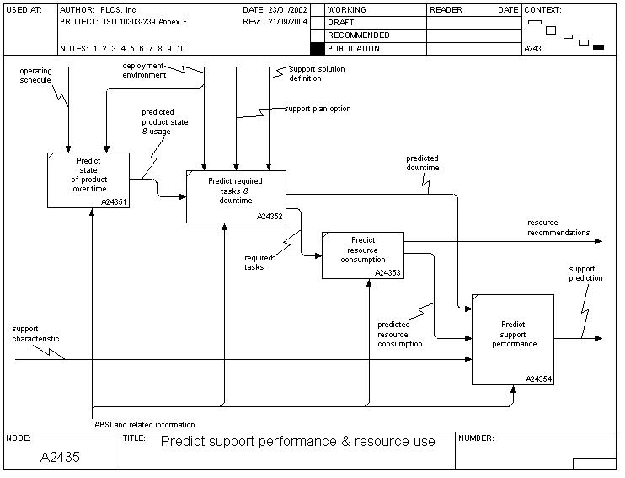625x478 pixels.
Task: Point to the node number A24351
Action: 115,202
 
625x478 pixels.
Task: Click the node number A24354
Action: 538,379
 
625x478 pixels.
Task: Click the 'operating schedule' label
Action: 35,75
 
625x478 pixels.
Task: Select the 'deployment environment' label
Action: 144,70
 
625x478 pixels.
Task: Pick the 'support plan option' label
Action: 317,109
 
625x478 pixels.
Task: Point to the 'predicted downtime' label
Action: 422,163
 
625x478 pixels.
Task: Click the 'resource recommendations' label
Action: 558,228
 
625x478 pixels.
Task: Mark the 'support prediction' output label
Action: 585,273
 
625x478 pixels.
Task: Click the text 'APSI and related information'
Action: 145,424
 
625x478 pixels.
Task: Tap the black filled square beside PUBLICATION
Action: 317,49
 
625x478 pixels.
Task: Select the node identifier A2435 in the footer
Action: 61,457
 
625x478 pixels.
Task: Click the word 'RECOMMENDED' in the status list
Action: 358,35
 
